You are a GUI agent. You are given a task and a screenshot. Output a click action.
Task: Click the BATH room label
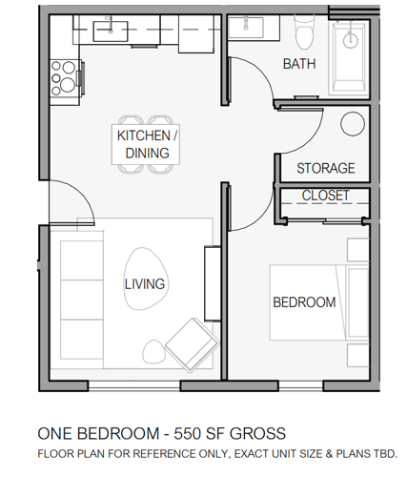point(298,64)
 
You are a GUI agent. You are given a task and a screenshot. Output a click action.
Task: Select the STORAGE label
point(325,168)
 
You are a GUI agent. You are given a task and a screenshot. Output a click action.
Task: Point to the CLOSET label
point(325,196)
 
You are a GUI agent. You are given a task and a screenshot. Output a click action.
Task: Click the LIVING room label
point(144,283)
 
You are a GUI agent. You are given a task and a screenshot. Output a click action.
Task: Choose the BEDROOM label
point(304,302)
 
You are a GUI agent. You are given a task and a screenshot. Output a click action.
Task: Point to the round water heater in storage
point(353,124)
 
